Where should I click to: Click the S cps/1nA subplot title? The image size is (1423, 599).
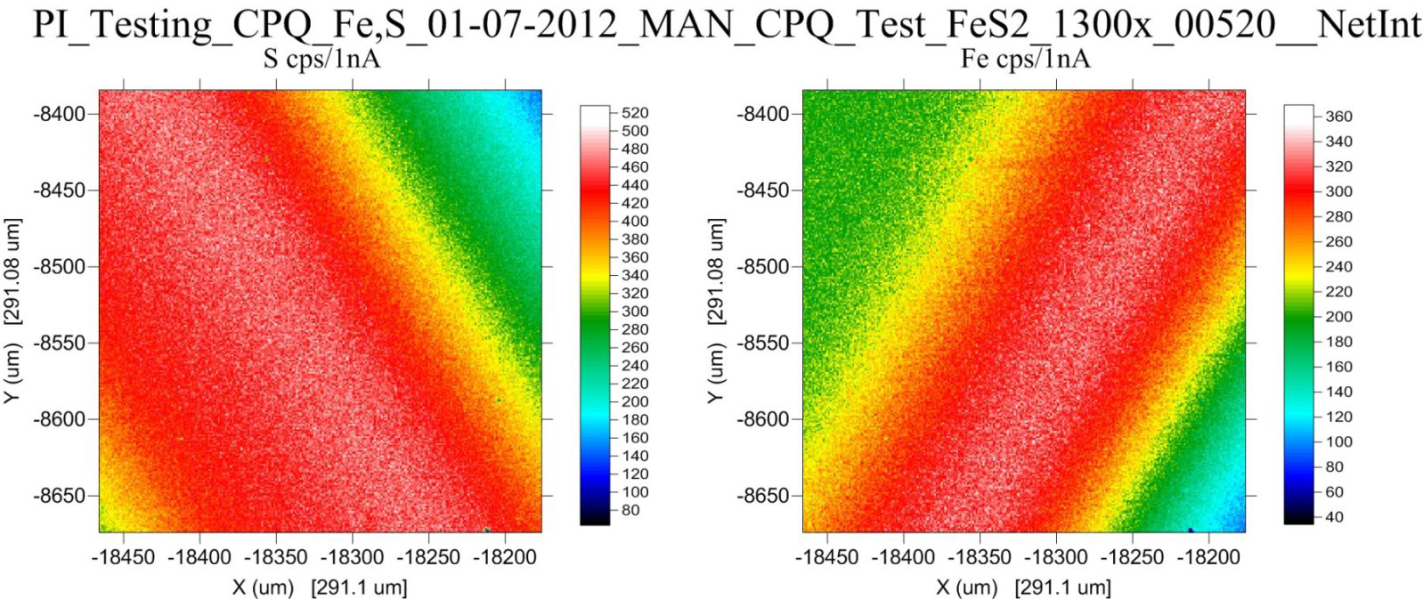coord(321,60)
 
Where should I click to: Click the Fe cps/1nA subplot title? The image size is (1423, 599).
coord(1025,60)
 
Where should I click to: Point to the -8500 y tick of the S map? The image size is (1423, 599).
coord(60,266)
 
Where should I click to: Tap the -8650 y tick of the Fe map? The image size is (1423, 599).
coord(763,496)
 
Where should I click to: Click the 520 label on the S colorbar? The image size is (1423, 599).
coord(635,113)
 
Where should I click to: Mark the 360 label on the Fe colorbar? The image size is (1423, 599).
coord(1338,117)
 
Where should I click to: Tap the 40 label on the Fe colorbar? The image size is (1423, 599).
coord(1334,517)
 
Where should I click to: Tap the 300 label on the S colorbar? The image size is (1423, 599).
coord(635,312)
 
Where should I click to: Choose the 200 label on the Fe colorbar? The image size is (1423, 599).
coord(1338,317)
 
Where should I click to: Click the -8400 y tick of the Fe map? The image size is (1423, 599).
coord(763,114)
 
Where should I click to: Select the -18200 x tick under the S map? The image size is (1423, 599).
coord(505,558)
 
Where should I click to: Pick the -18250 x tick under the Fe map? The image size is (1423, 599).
coord(1133,558)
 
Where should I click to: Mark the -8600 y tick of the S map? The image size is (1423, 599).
coord(60,419)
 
